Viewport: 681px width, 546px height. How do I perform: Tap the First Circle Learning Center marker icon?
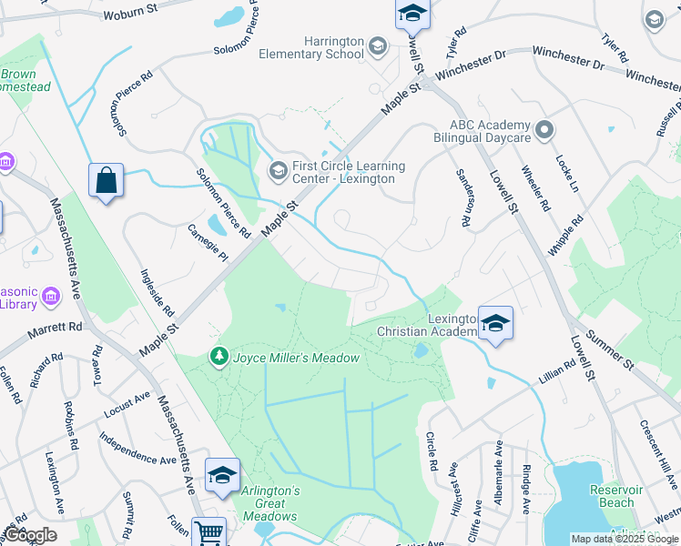coord(278,170)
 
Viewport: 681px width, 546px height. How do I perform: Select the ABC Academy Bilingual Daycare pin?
coord(544,130)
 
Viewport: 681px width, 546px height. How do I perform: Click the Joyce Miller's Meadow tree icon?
coord(219,356)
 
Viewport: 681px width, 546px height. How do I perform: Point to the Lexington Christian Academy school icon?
coord(495,325)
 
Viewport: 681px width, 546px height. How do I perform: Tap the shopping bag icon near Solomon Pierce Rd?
coord(107,180)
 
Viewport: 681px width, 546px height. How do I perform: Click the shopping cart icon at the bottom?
coord(208,532)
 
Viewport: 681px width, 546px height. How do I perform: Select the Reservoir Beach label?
coord(617,496)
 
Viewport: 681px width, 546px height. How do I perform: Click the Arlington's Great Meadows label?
coord(270,497)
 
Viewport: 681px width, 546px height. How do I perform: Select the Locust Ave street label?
coord(128,401)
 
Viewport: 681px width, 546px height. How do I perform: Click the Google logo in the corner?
coord(31,535)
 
